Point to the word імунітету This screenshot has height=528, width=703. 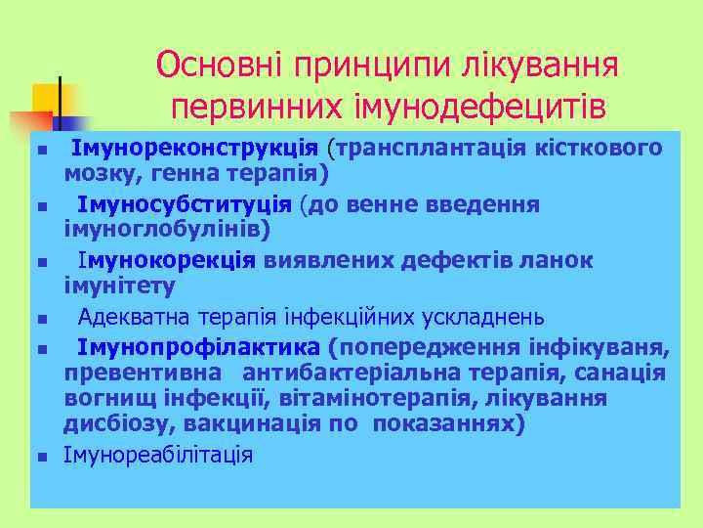pos(120,286)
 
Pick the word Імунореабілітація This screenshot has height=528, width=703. pos(158,455)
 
